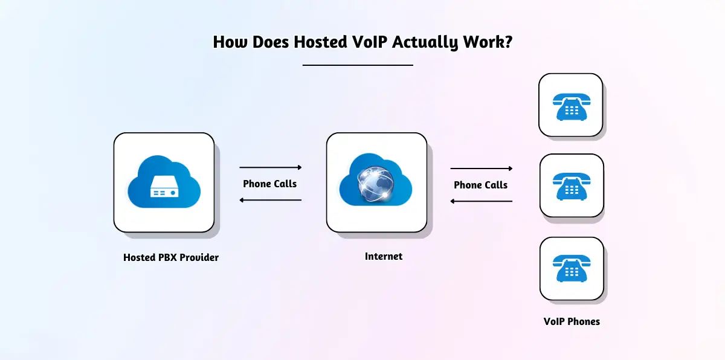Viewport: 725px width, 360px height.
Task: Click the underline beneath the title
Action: coord(358,65)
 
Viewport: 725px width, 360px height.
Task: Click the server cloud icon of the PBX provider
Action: coord(163,182)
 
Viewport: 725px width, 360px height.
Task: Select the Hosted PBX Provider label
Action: coord(171,257)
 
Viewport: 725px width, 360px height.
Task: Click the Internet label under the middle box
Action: coord(384,256)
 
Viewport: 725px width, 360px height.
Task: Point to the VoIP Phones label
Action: coord(572,321)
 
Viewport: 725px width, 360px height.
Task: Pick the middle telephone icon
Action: coord(571,185)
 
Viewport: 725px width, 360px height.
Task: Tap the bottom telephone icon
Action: coord(571,268)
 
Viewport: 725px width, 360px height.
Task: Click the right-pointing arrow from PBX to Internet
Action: coord(271,167)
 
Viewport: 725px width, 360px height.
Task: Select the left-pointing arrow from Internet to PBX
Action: coord(271,200)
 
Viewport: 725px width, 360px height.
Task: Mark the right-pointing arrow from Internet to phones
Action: coord(482,169)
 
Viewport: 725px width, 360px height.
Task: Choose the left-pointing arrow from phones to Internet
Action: coord(482,201)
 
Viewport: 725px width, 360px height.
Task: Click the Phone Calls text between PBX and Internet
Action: coord(270,184)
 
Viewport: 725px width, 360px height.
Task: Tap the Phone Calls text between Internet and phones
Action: coord(481,185)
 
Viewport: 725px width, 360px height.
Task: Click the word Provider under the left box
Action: coord(199,257)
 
